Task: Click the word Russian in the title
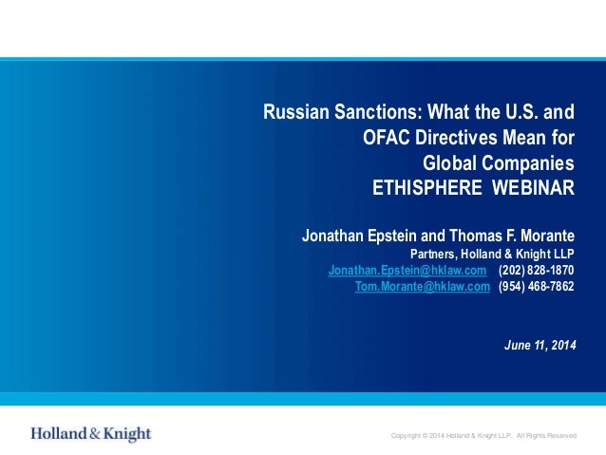point(291,113)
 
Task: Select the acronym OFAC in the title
point(386,138)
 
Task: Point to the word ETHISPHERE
point(427,186)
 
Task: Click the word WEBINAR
point(533,186)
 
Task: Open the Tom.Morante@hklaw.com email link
point(422,286)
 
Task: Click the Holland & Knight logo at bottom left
point(90,434)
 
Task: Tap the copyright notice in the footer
point(483,436)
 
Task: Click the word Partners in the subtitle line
point(431,254)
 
